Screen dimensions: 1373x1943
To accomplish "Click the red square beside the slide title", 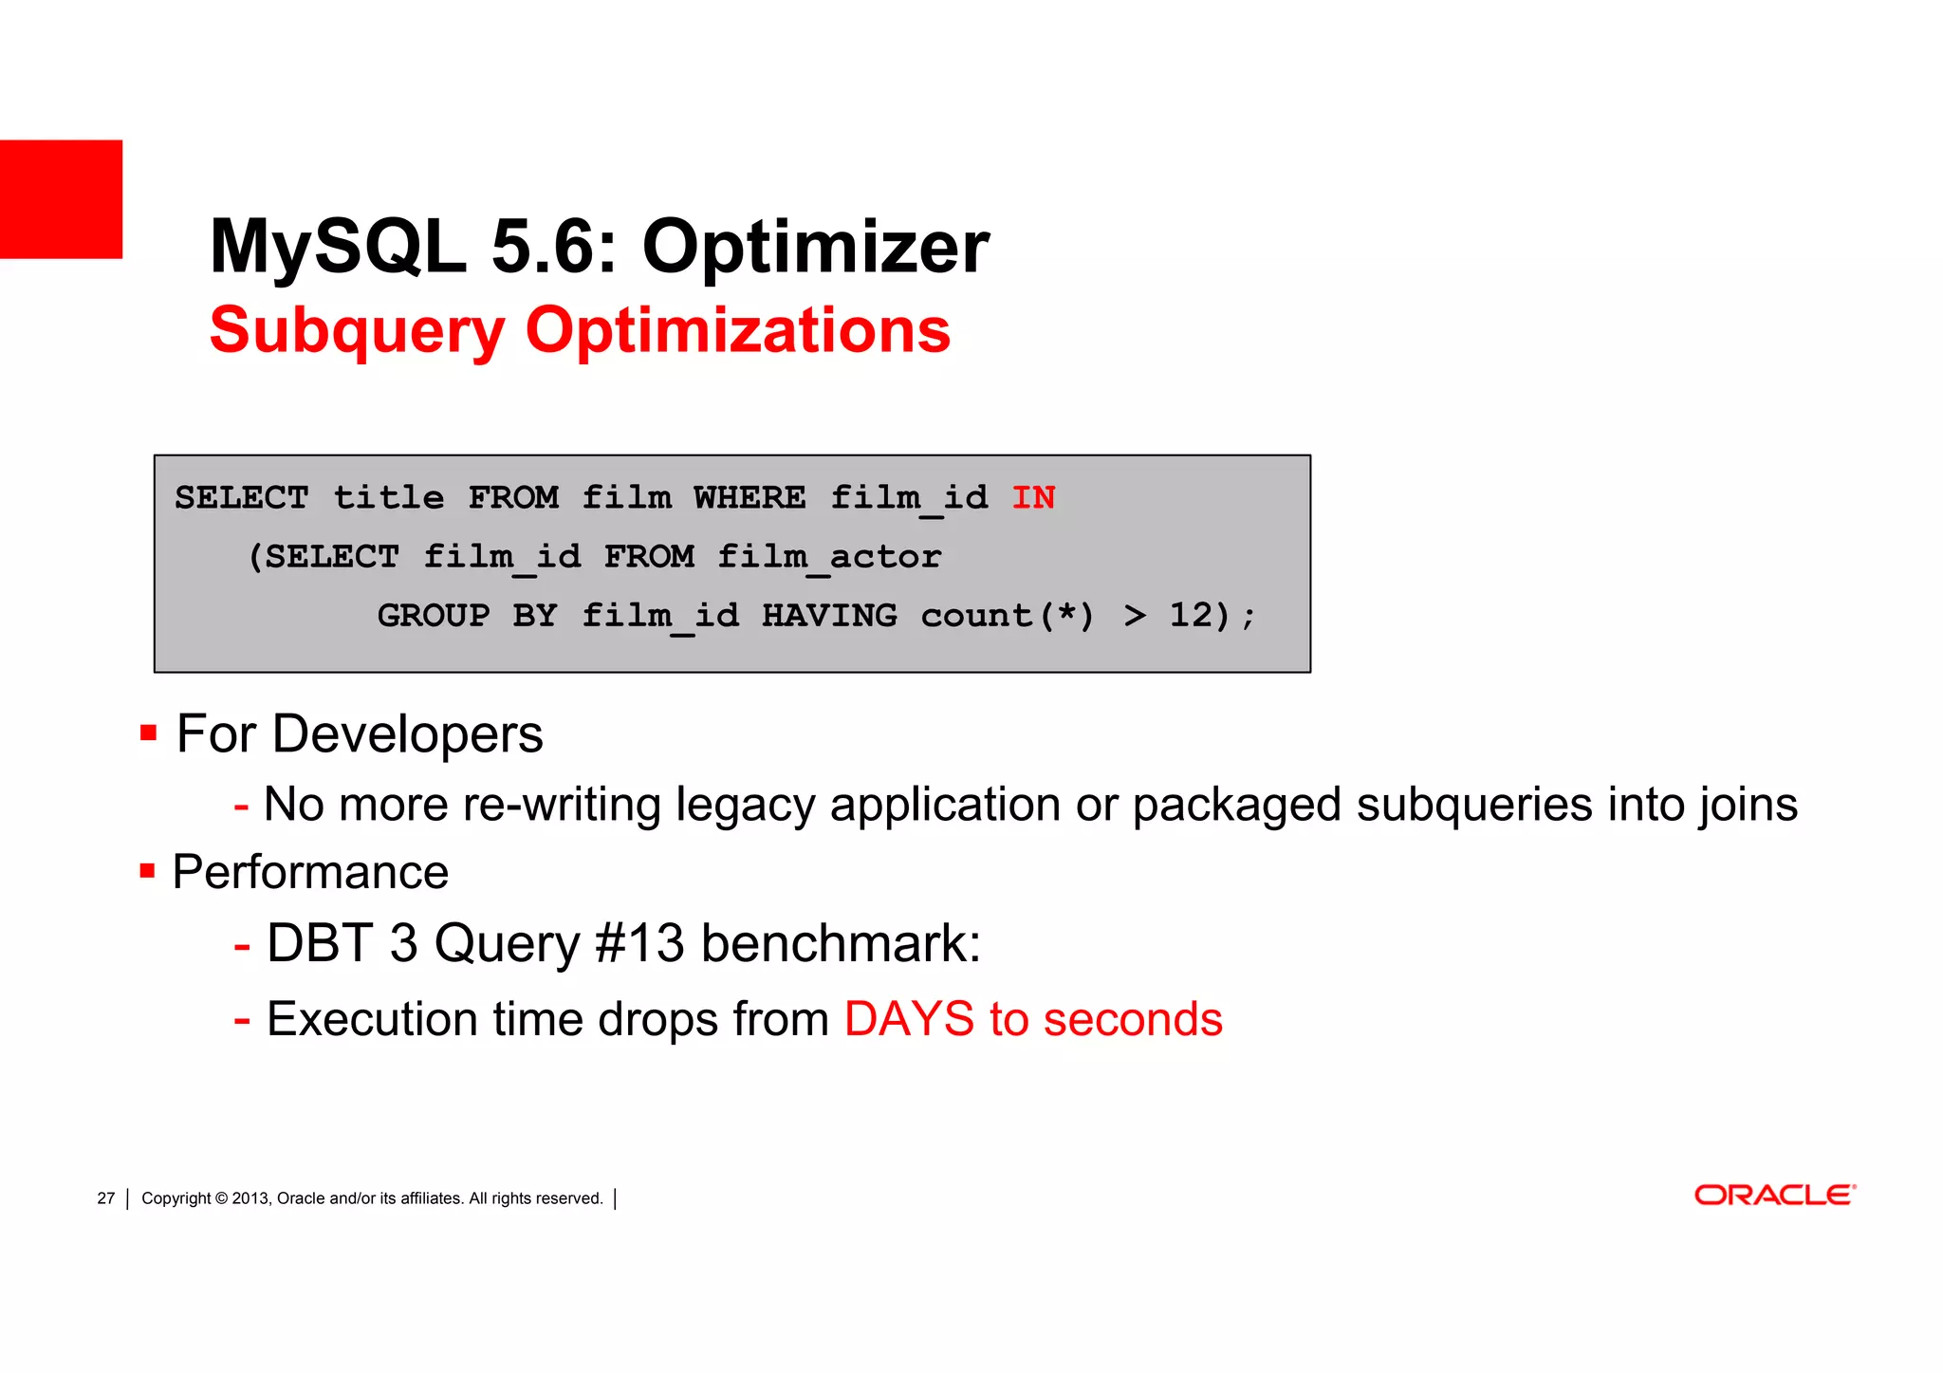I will click(61, 198).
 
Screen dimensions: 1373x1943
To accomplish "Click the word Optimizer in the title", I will click(815, 247).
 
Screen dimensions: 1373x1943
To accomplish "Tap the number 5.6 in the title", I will click(553, 247).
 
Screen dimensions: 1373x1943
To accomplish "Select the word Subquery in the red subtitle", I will click(357, 330).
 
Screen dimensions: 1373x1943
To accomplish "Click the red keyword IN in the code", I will click(1033, 497).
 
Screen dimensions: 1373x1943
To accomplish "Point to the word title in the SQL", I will click(388, 497).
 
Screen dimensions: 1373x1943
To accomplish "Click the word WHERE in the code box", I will click(749, 497).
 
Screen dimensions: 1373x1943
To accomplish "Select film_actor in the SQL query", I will click(829, 557).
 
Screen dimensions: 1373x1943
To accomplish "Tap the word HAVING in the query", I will click(829, 616).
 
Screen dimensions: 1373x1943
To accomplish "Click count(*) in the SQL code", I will click(1008, 616).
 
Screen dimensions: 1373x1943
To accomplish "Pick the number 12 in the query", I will click(1192, 615).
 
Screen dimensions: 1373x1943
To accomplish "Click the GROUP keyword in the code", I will click(434, 616).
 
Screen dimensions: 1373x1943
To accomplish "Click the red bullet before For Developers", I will click(148, 733).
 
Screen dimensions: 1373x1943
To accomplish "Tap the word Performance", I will click(310, 872).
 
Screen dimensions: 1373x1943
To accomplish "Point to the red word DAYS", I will click(909, 1019).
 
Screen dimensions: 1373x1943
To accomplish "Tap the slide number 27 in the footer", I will click(105, 1198).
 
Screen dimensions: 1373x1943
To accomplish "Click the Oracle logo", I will click(1774, 1195).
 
